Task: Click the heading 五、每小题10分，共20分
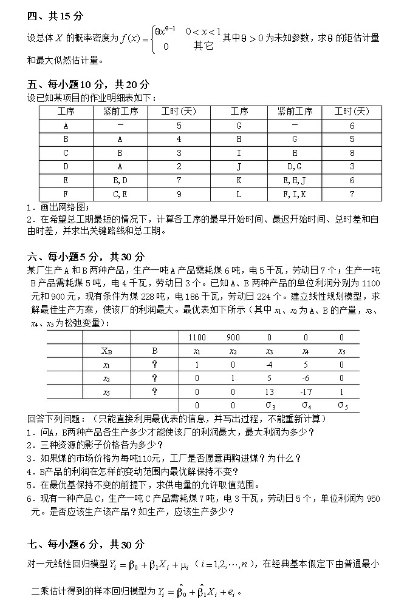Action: click(87, 84)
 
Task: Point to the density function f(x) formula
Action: click(171, 38)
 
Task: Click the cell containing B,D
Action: click(120, 180)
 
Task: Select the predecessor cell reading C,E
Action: click(120, 194)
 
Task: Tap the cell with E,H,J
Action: click(295, 180)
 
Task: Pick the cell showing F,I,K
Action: click(295, 194)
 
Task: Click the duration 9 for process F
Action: click(179, 194)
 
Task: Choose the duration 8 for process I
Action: click(352, 153)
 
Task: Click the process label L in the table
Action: click(239, 194)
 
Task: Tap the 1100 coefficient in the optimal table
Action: click(197, 337)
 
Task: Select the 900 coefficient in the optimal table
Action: click(233, 337)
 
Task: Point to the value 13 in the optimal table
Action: click(270, 392)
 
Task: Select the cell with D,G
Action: click(295, 166)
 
